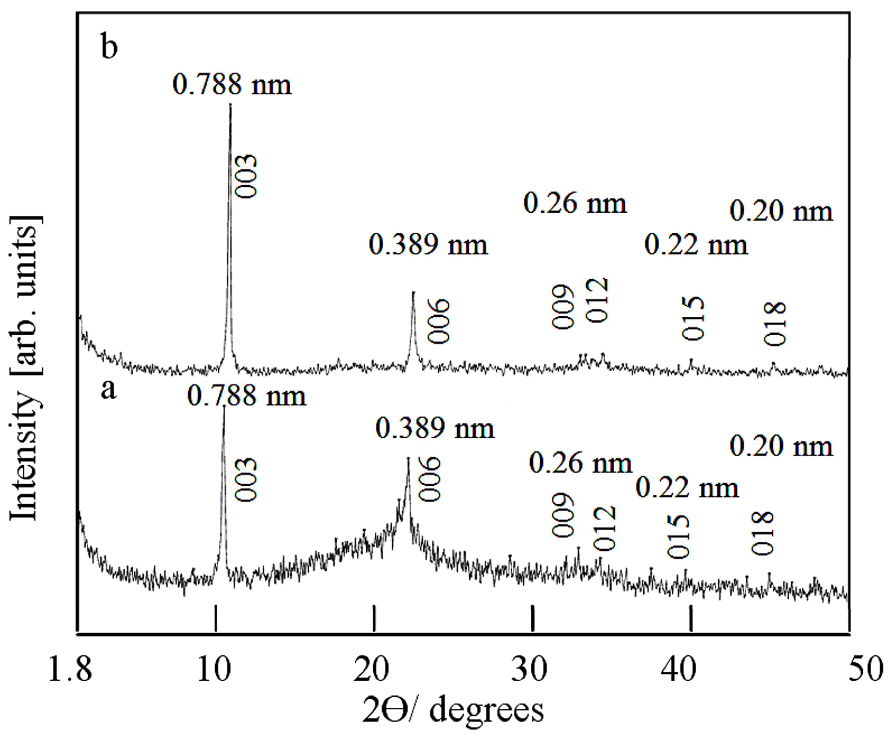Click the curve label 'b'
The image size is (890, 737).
[109, 48]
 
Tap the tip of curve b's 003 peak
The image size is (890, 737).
[231, 105]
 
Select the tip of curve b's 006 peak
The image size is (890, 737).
[413, 293]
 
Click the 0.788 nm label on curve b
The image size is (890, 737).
[232, 84]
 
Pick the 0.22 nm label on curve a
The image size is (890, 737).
[687, 488]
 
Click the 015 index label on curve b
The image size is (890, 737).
[693, 318]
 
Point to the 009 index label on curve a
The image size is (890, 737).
[563, 516]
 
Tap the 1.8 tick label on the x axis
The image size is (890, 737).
[70, 670]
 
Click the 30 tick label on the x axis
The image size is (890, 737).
[532, 670]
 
